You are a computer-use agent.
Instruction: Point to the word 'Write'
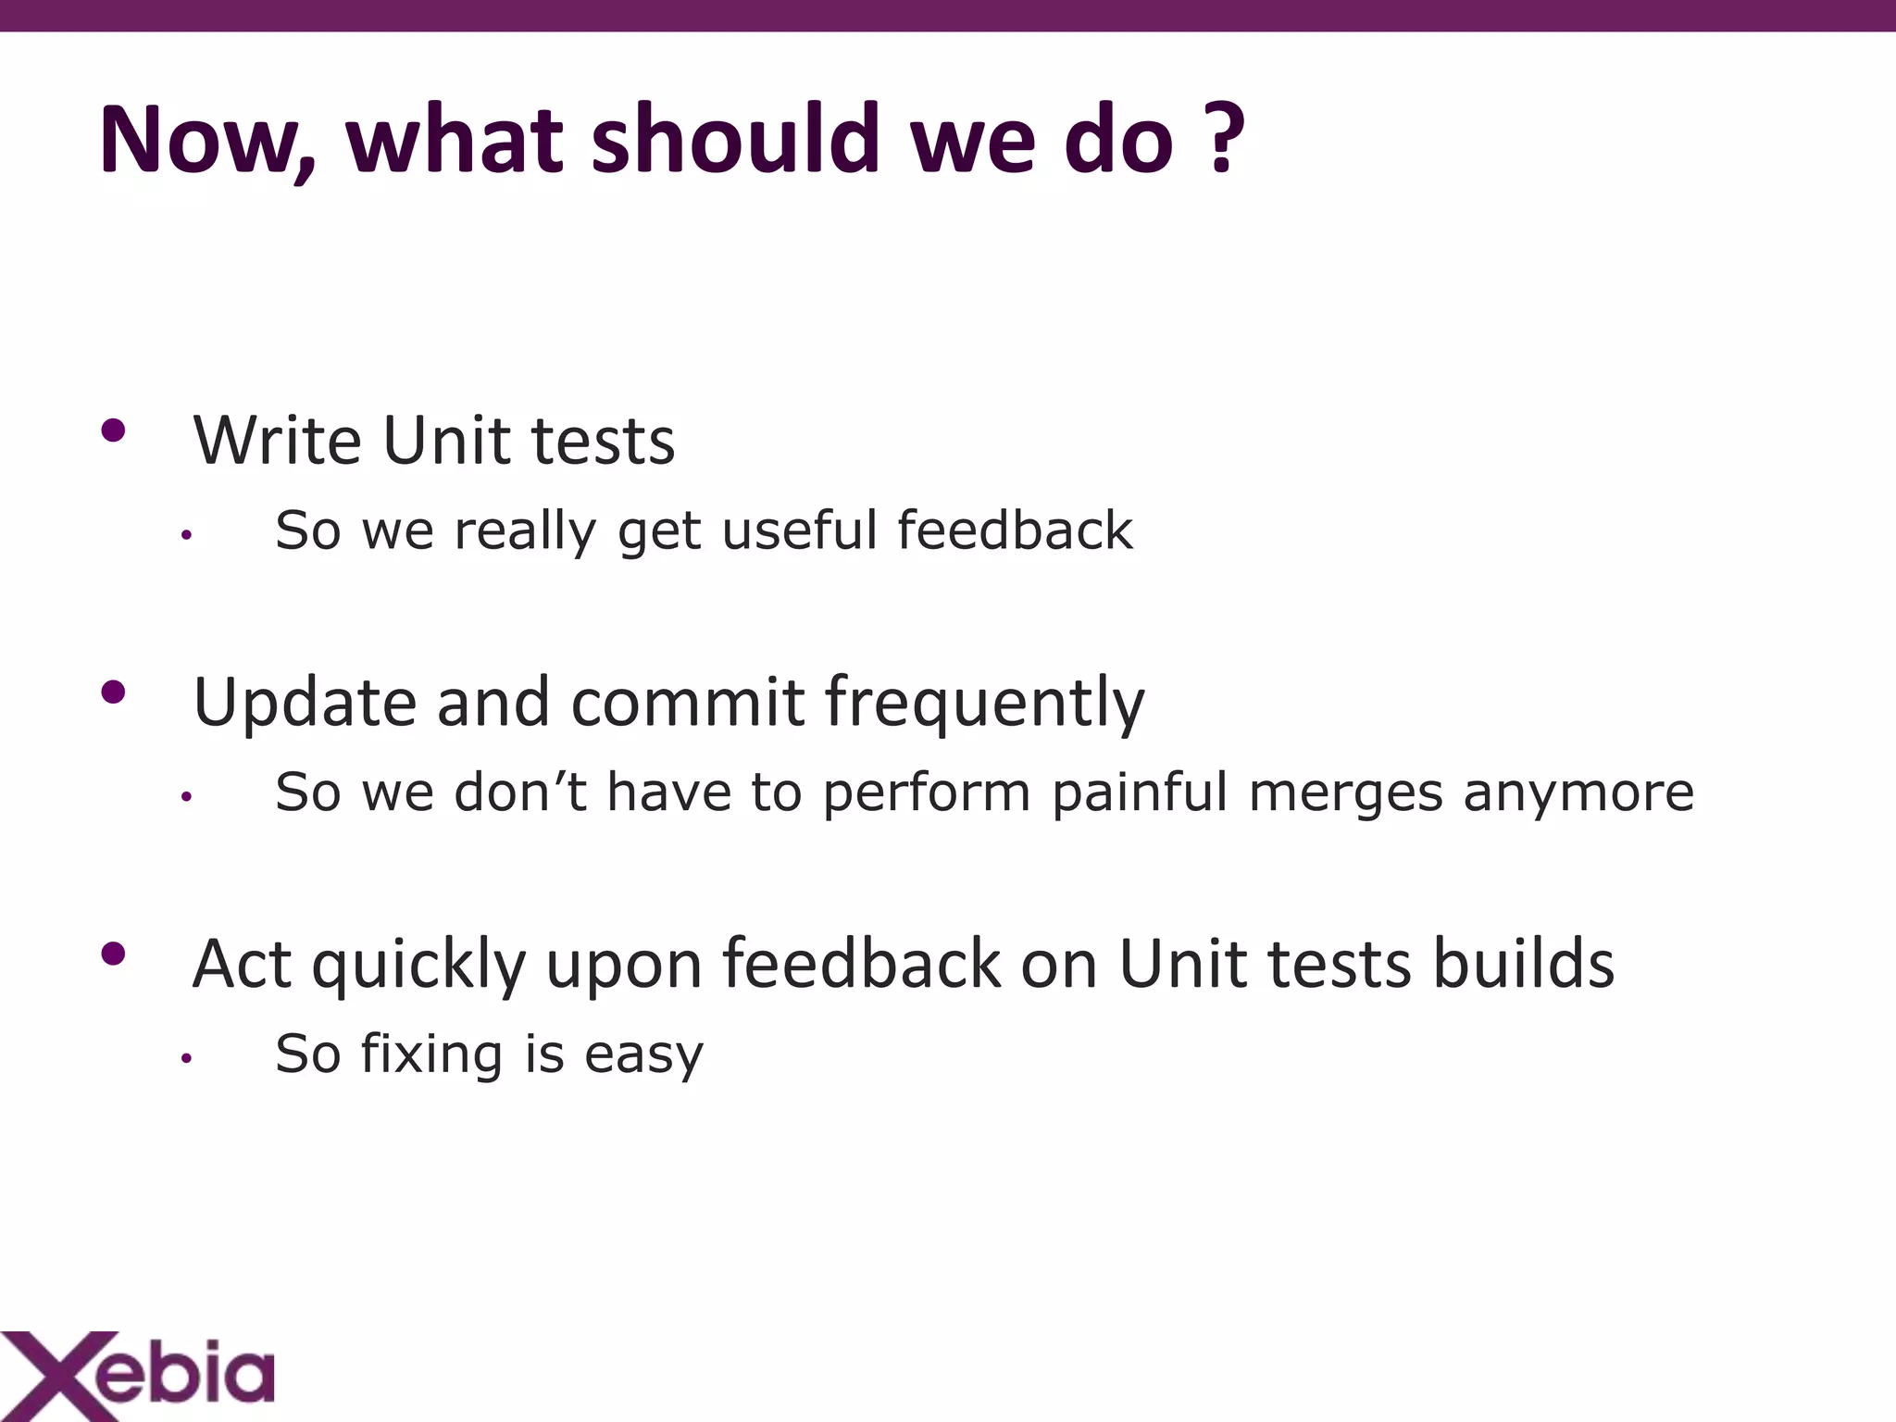tap(278, 441)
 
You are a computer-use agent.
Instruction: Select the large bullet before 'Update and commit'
tap(113, 692)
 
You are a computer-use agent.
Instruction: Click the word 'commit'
tap(688, 702)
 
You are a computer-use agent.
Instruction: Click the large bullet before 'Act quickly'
tap(113, 954)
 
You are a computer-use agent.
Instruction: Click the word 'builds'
tap(1524, 963)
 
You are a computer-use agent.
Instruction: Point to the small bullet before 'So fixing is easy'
tap(186, 1058)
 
